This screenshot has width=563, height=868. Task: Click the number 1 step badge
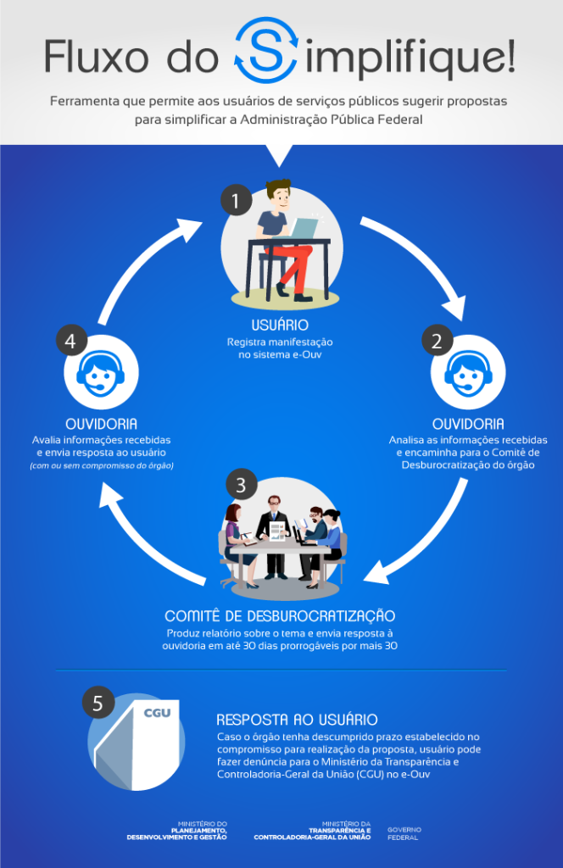pos(237,202)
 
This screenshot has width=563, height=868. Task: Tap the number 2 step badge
pos(437,341)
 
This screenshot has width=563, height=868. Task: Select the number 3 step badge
pos(242,485)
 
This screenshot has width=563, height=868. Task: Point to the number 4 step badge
pos(71,342)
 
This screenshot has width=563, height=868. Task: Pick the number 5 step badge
pos(98,703)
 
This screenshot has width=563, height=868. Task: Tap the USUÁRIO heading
pos(280,325)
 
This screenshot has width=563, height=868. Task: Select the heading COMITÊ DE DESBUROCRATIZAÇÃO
pos(281,615)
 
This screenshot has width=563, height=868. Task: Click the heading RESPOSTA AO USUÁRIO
pos(297,719)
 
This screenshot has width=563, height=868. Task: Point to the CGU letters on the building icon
pos(157,712)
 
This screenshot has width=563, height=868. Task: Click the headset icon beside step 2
pos(469,374)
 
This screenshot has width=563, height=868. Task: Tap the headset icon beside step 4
pos(100,374)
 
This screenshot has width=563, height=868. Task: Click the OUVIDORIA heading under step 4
pos(102,423)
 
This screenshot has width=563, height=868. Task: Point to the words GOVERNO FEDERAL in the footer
pos(404,832)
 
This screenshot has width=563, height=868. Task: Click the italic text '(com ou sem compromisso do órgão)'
pos(102,466)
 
